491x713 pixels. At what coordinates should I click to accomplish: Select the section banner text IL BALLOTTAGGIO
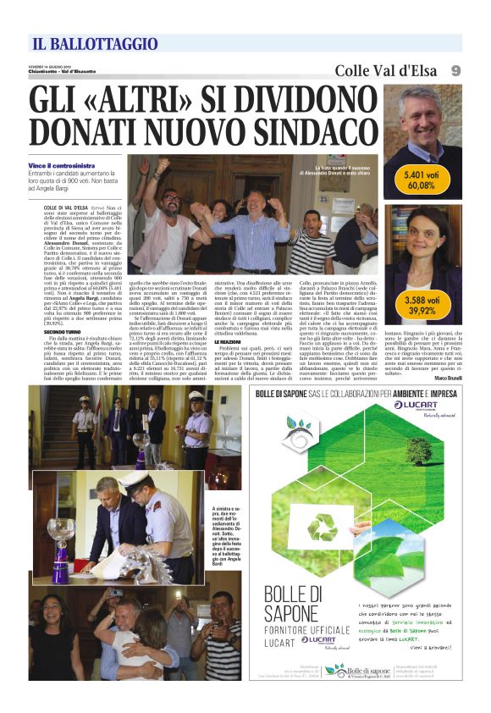95,44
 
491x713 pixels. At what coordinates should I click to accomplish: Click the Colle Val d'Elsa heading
383,70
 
